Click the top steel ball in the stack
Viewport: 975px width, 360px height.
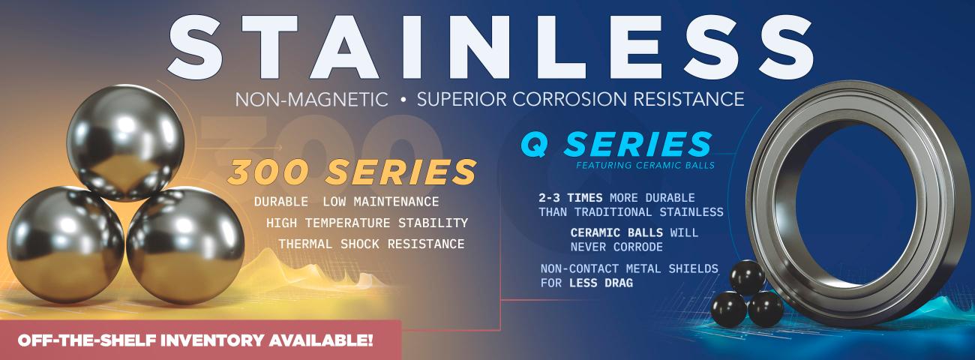(x=125, y=142)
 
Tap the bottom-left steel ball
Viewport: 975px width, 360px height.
(x=65, y=244)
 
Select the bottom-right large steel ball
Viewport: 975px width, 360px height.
(x=185, y=245)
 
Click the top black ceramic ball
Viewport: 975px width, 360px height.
(x=747, y=277)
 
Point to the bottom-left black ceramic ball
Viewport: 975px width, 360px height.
(x=729, y=310)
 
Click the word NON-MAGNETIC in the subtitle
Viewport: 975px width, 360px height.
(x=312, y=99)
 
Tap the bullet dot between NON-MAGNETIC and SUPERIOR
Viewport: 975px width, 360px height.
(x=403, y=100)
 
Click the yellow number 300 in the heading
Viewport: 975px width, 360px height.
(x=267, y=172)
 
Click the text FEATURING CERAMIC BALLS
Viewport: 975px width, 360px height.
(x=646, y=166)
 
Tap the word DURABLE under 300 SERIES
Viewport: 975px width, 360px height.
(x=281, y=202)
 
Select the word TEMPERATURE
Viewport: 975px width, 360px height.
(x=347, y=223)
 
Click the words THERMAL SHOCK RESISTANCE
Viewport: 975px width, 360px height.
(x=371, y=244)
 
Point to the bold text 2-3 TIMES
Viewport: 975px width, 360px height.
(x=570, y=198)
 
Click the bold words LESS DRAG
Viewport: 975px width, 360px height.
(x=601, y=283)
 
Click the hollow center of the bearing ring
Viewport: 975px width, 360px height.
(x=854, y=204)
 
